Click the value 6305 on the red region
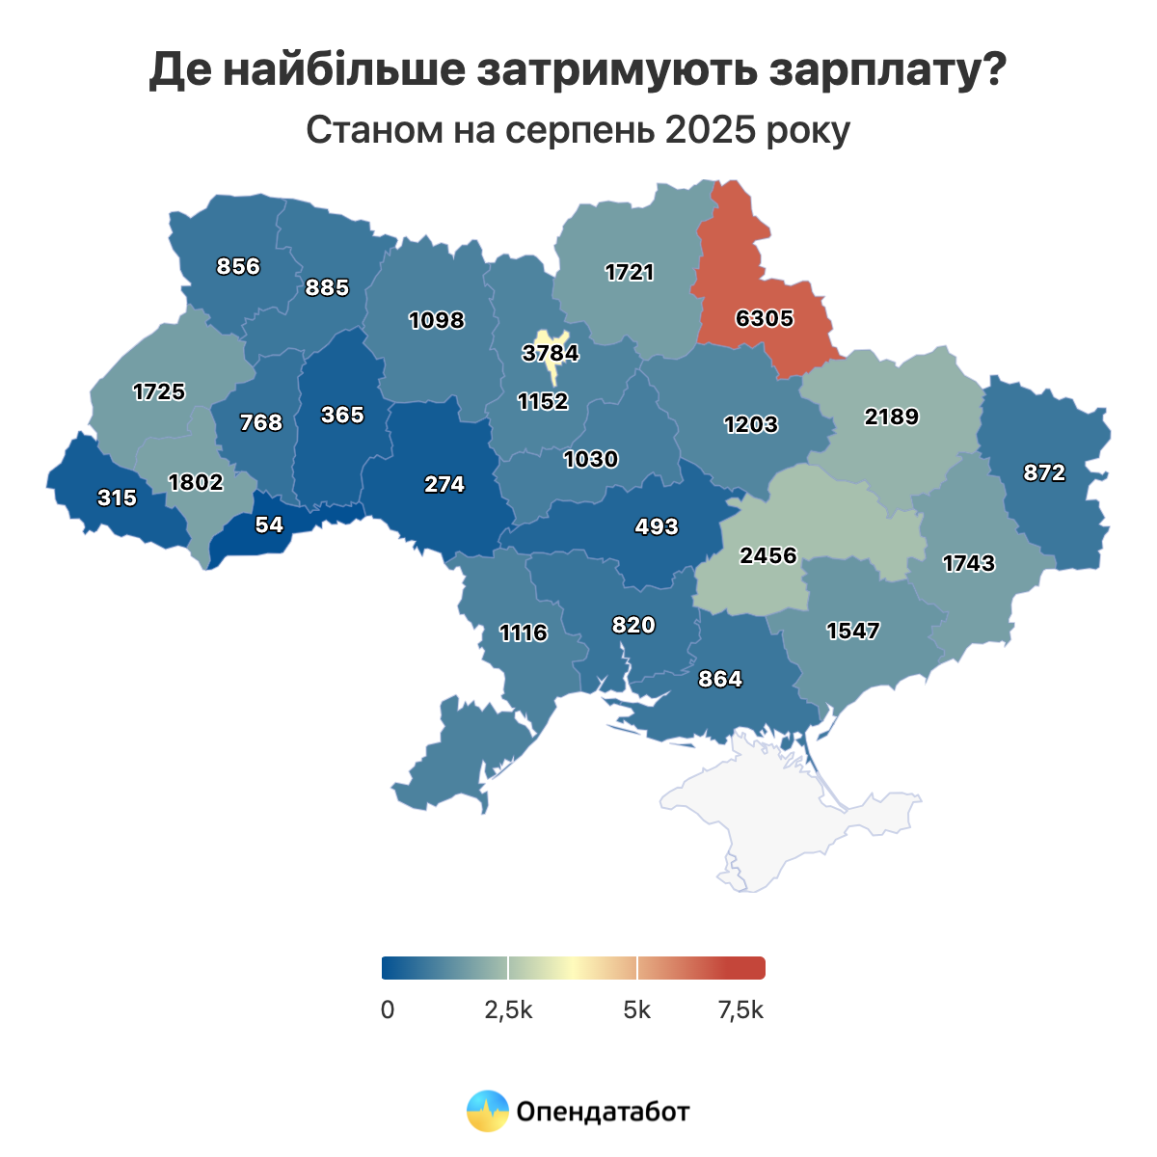point(764,318)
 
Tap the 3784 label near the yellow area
point(551,353)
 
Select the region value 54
point(269,525)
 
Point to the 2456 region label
point(768,555)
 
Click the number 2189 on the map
point(891,417)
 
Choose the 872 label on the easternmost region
point(1045,472)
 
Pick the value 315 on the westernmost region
point(117,498)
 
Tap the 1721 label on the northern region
point(630,272)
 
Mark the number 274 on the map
point(444,484)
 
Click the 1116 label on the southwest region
point(524,632)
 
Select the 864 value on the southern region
point(720,679)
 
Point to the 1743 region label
point(968,563)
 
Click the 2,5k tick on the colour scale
point(508,1010)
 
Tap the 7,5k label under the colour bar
point(740,1010)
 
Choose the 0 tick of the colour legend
point(388,1010)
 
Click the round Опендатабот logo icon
point(487,1111)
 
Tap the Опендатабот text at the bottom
point(604,1112)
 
